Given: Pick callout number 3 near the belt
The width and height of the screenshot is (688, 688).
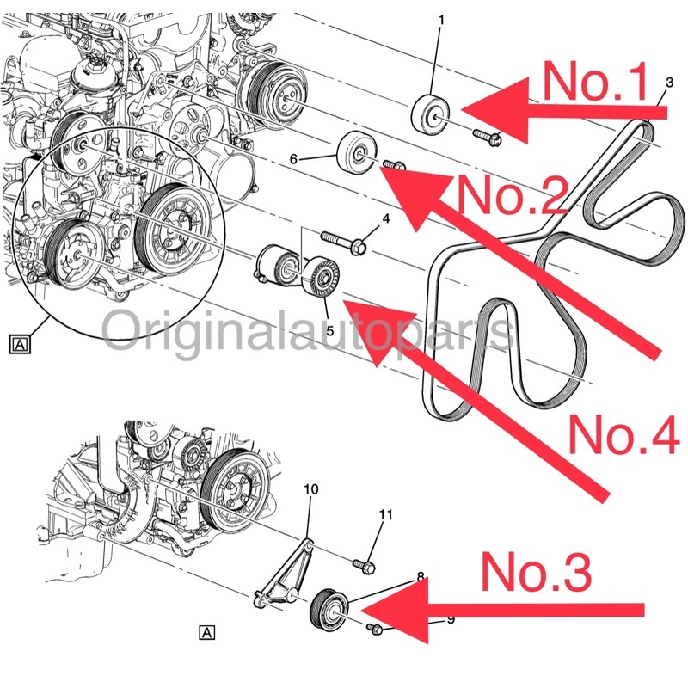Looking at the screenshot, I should [x=669, y=83].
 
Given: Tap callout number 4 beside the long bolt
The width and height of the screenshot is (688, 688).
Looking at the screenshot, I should [x=386, y=219].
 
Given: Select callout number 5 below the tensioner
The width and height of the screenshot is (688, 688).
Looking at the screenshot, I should [x=328, y=305].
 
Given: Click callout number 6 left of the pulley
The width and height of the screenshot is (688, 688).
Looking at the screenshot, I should [x=316, y=158].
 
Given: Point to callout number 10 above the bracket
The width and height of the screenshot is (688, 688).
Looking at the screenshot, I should [x=311, y=489].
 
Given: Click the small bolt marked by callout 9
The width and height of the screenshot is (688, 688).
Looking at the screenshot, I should [x=377, y=630].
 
